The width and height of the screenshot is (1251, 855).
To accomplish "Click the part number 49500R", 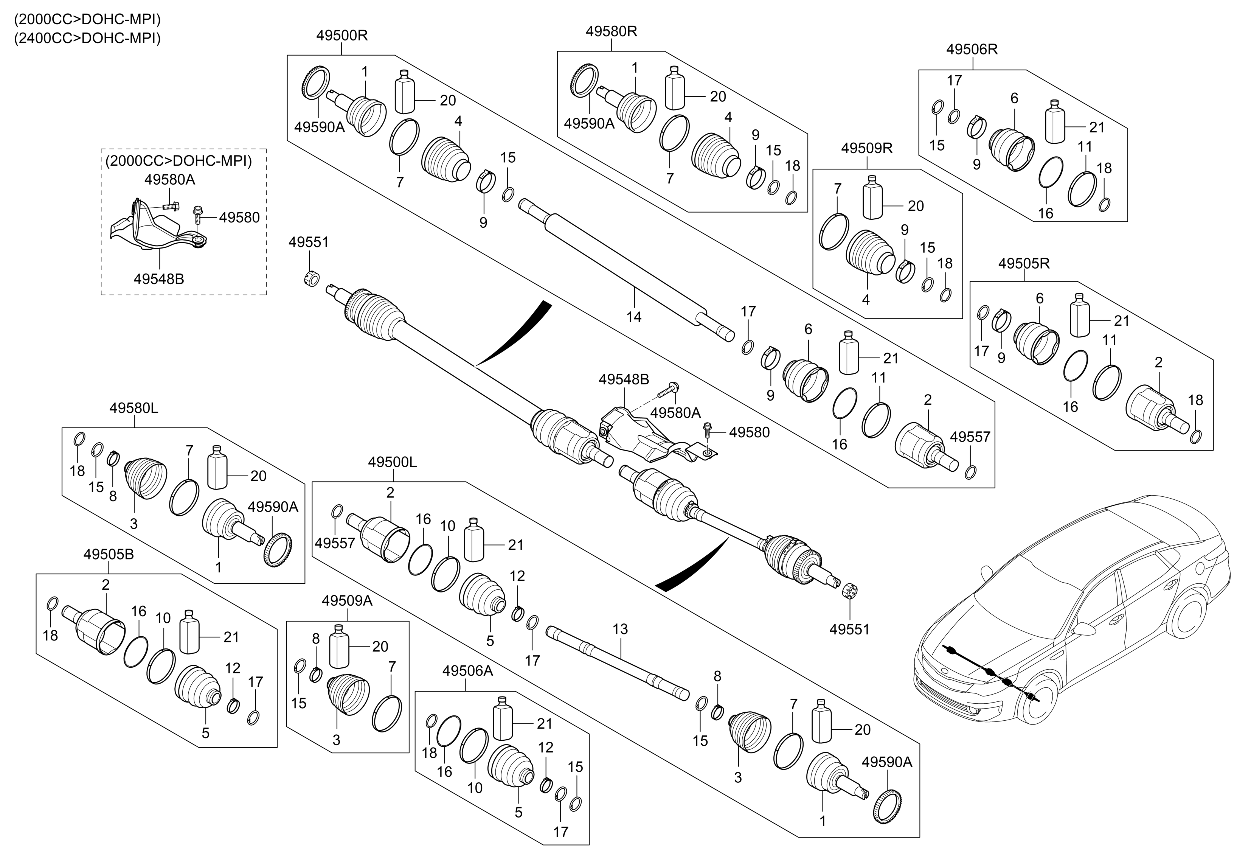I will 342,36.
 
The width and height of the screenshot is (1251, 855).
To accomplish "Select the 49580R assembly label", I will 612,32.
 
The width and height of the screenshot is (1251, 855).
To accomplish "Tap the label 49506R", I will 972,50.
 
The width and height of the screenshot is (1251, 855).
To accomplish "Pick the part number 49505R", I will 1024,264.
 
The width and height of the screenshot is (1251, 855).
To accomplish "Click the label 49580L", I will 134,408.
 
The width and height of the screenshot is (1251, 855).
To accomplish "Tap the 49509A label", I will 347,601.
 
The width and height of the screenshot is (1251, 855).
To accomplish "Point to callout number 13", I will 620,629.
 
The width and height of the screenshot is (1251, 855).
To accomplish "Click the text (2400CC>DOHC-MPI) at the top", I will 87,39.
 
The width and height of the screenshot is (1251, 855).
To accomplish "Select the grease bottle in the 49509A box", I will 338,647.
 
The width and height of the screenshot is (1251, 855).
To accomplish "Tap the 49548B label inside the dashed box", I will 159,279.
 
